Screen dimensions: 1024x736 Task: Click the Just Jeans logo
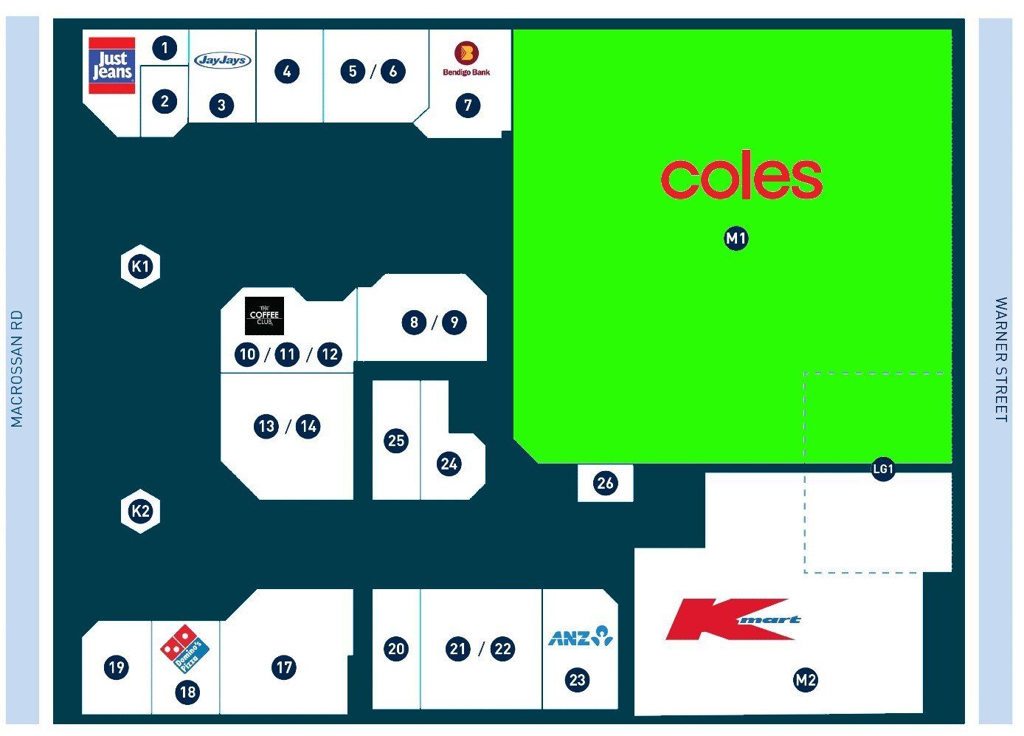click(112, 66)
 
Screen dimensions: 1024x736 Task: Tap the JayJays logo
click(223, 60)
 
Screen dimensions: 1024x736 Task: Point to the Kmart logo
click(733, 619)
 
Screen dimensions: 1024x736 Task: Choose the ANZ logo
click(581, 636)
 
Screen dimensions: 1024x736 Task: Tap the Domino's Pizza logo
click(184, 650)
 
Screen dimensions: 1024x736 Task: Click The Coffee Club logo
click(264, 316)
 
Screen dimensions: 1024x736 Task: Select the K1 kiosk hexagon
click(140, 266)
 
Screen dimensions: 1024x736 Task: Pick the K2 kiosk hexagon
click(140, 511)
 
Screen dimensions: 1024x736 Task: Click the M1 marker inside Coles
click(736, 238)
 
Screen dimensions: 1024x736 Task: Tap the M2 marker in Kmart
click(806, 680)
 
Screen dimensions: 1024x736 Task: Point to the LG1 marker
click(883, 469)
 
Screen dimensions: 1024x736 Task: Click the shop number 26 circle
click(605, 483)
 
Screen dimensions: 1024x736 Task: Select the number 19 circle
click(117, 667)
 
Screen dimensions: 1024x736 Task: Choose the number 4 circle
click(287, 72)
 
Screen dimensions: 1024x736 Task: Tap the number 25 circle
click(396, 441)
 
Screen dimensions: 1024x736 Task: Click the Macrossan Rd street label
click(17, 368)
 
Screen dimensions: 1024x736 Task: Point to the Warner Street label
click(1001, 360)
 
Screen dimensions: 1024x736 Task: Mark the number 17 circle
click(284, 667)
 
